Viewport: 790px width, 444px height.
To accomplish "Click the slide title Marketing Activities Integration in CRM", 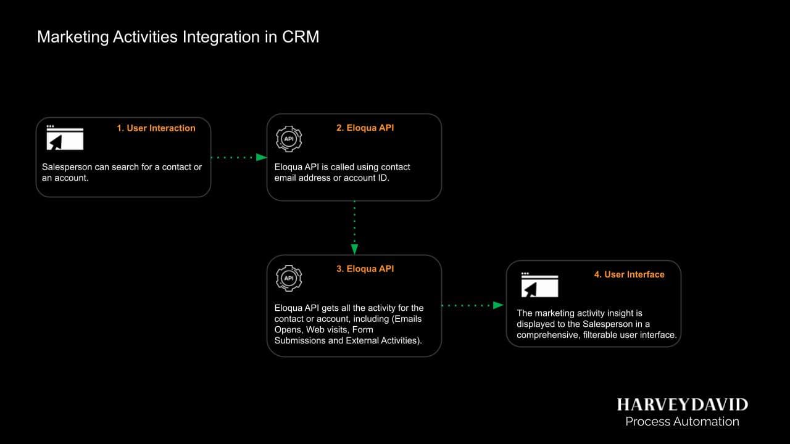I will pos(178,37).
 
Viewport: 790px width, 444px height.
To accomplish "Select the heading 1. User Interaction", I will pos(156,128).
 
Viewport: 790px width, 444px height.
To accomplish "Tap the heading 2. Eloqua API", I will pos(365,128).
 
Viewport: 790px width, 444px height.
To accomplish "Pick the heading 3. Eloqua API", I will pos(365,269).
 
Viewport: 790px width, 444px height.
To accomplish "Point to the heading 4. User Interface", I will pos(629,274).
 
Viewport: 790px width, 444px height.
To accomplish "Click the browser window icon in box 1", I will pos(65,138).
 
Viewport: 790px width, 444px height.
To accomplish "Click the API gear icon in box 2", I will pos(288,139).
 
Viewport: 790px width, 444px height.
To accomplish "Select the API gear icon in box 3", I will pos(288,278).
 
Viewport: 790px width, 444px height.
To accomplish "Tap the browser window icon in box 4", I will pos(539,285).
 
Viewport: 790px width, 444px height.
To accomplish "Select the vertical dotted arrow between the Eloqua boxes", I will pos(354,227).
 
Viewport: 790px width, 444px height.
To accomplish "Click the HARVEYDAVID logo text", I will pos(682,405).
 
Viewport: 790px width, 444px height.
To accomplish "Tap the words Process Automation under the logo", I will pos(682,422).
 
